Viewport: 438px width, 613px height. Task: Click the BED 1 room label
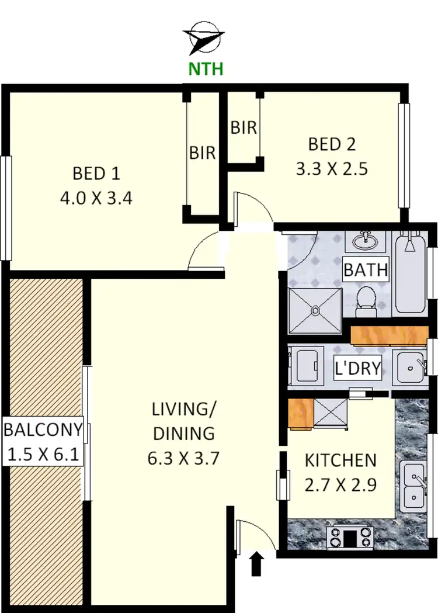96,174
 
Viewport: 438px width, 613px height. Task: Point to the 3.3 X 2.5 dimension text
332,169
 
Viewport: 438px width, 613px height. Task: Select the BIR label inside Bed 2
244,127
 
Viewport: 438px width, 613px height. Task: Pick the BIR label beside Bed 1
202,153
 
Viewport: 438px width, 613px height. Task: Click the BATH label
365,270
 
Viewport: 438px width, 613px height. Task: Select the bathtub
411,273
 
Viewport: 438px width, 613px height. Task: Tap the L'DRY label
357,369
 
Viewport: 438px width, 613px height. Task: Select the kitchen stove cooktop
350,538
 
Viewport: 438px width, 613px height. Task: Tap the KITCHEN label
340,460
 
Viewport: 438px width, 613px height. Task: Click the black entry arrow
256,564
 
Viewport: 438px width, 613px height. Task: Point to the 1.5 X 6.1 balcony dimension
43,452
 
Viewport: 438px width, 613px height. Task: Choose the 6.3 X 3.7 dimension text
183,458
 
